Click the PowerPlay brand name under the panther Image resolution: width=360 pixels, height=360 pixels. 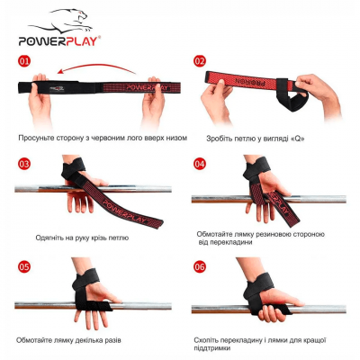pos(58,40)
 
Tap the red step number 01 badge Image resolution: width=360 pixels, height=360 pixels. pos(24,61)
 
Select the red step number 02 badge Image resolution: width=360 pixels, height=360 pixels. pos(200,61)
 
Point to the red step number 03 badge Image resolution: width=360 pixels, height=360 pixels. pos(24,164)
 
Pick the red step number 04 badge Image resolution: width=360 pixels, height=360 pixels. pos(200,164)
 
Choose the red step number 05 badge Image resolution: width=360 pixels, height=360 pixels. pos(24,266)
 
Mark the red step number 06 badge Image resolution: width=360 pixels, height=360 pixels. pos(200,266)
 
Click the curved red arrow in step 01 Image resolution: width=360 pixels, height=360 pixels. pos(96,65)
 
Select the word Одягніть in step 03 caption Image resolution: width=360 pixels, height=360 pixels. pos(48,238)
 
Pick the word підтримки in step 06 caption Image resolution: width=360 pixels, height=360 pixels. pos(212,348)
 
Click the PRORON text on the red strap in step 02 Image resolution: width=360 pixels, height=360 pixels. pos(249,81)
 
